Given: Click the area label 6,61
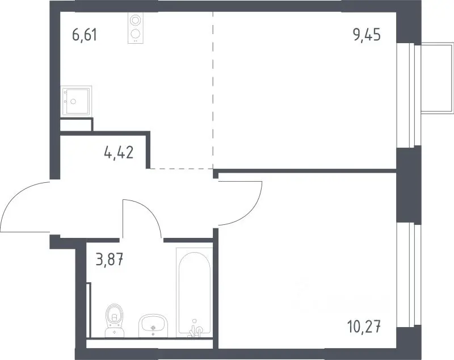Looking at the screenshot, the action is pyautogui.click(x=84, y=35).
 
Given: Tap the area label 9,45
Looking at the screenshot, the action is pyautogui.click(x=367, y=35).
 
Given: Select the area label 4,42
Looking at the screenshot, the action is pyautogui.click(x=119, y=152).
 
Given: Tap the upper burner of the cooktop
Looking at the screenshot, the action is pyautogui.click(x=134, y=20).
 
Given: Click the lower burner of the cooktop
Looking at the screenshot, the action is pyautogui.click(x=134, y=34).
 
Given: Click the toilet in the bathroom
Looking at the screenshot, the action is pyautogui.click(x=115, y=321).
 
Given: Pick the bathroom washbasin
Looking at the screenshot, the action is pyautogui.click(x=153, y=325).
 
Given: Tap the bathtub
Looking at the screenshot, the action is pyautogui.click(x=194, y=292).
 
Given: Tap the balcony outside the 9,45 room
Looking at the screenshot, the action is pyautogui.click(x=437, y=78).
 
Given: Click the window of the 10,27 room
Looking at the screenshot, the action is pyautogui.click(x=408, y=274).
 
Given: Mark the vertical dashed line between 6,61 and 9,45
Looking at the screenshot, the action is pyautogui.click(x=213, y=90).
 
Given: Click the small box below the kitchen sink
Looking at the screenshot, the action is pyautogui.click(x=76, y=125).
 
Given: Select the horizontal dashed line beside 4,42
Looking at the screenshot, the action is pyautogui.click(x=182, y=168).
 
